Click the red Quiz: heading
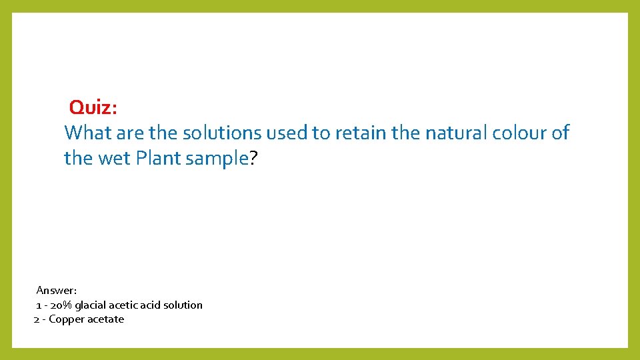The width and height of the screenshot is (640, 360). [x=93, y=107]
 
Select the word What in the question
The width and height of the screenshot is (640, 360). [x=88, y=133]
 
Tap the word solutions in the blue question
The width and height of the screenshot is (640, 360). [x=222, y=133]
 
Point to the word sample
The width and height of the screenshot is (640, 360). [x=215, y=159]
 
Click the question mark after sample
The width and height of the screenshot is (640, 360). [x=253, y=159]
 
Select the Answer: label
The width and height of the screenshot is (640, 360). [x=57, y=291]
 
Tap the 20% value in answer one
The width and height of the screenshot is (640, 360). [x=60, y=305]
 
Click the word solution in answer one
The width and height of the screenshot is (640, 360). [x=183, y=305]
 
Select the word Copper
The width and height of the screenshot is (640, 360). [x=67, y=319]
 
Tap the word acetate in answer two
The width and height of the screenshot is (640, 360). [x=106, y=319]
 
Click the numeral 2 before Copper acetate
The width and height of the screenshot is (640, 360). [x=37, y=319]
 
